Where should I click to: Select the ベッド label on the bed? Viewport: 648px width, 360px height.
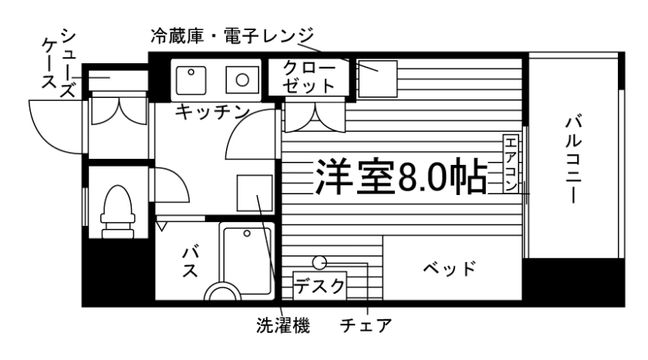[x=449, y=270]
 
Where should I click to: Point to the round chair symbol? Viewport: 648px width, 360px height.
[x=319, y=262]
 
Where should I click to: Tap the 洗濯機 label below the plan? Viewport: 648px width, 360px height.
[x=283, y=326]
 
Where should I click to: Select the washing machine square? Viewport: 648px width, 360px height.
[x=254, y=193]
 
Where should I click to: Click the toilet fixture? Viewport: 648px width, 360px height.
[x=116, y=210]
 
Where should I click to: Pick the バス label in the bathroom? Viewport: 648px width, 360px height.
[x=191, y=262]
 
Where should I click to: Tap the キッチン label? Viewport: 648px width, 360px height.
[x=211, y=112]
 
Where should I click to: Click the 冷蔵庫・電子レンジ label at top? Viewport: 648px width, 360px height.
[x=232, y=35]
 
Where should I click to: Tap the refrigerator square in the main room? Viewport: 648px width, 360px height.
[x=377, y=77]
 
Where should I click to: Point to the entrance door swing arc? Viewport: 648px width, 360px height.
[x=51, y=127]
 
